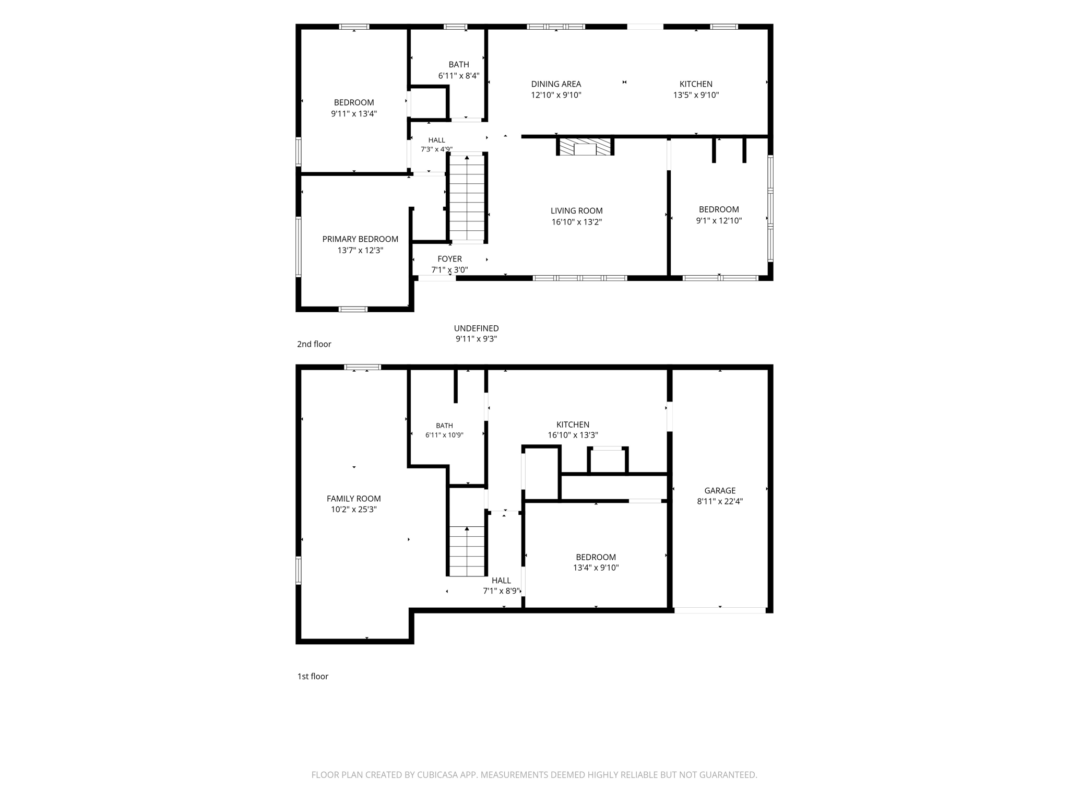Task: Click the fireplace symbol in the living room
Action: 585,147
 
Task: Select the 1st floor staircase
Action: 467,551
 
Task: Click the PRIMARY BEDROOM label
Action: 360,239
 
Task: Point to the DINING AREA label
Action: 556,84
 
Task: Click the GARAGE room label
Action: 720,490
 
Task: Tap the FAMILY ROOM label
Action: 354,499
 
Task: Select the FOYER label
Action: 449,259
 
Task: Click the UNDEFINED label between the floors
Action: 476,328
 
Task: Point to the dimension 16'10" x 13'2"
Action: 577,222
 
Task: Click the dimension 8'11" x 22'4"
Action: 720,501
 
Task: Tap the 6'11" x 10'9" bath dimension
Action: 444,435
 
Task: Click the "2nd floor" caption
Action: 314,344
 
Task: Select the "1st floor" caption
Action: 313,676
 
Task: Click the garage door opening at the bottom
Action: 720,610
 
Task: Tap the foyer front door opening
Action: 437,278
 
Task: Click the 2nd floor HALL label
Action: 437,140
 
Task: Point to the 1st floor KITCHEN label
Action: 573,424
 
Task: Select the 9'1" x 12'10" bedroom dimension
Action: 719,220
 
